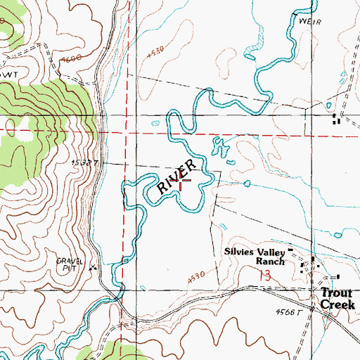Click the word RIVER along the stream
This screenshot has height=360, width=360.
tap(175, 176)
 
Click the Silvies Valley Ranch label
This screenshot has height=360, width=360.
tap(255, 256)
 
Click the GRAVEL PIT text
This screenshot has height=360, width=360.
tap(70, 264)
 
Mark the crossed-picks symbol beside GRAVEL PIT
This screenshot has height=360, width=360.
tap(94, 268)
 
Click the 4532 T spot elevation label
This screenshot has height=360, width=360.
tap(83, 162)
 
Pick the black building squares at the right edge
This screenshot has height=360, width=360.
tap(335, 120)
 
